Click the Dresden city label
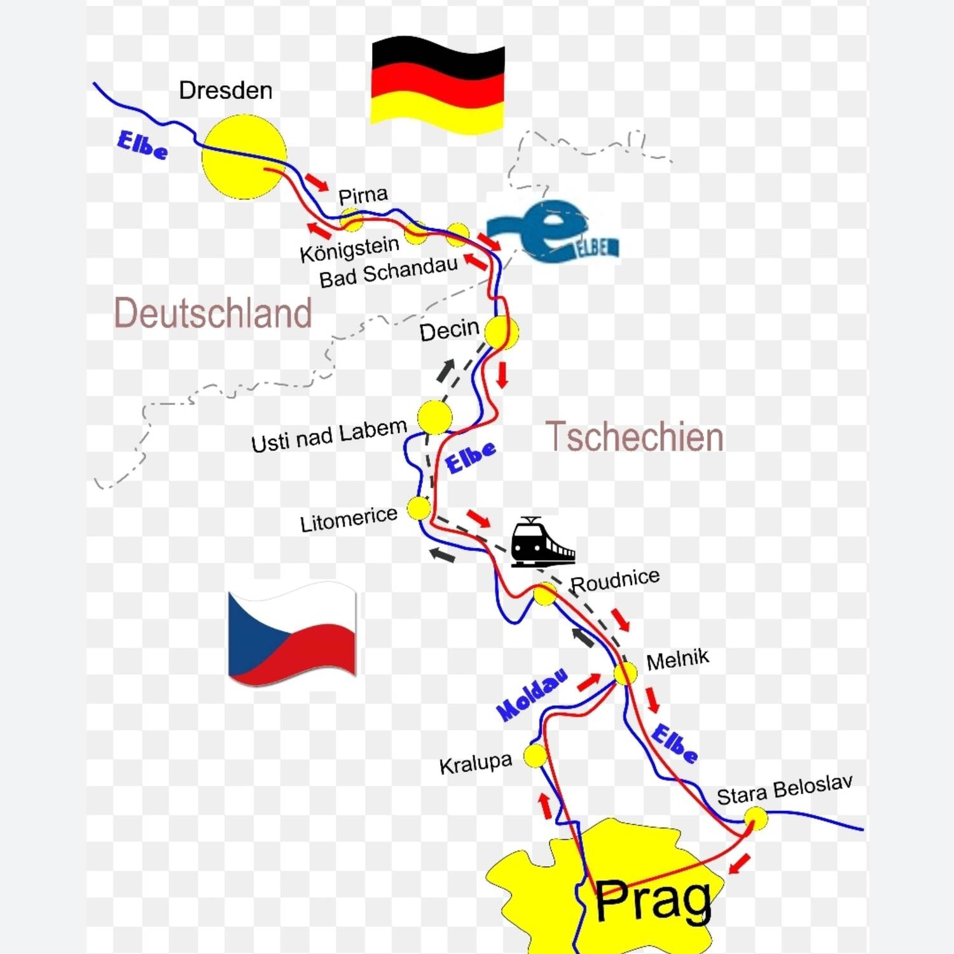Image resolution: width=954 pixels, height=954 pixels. tap(226, 90)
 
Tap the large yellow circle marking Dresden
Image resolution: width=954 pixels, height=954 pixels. tap(244, 156)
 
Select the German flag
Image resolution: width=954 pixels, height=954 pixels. tap(438, 85)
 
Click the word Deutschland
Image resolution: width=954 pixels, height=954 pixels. tap(213, 313)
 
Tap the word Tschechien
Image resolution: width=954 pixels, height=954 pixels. tap(635, 437)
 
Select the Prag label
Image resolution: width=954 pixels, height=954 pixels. tap(653, 900)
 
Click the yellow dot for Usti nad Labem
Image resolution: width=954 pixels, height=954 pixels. tap(434, 417)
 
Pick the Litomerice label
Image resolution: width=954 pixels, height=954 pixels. tap(349, 519)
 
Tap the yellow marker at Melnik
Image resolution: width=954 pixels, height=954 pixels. tap(625, 673)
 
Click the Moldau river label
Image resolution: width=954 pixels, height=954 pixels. tap(532, 695)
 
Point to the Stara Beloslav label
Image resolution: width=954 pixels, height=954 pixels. tap(784, 790)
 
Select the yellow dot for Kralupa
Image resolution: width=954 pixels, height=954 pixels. tap(536, 756)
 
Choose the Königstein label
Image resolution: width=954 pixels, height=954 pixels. tap(349, 249)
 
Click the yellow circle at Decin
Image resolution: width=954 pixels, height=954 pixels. tap(501, 331)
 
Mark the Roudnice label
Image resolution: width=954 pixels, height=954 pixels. tap(615, 580)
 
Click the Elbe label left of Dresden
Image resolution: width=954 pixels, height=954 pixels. tap(142, 146)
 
